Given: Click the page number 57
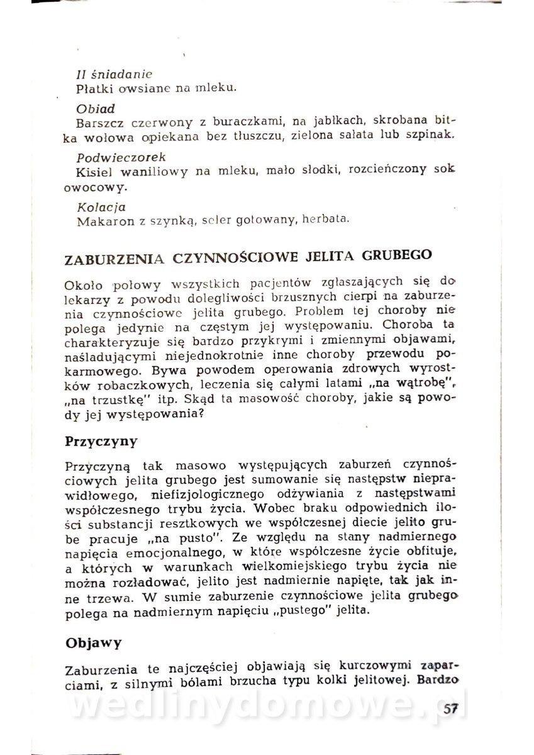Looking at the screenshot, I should (x=451, y=709).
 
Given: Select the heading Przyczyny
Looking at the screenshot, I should (x=101, y=440).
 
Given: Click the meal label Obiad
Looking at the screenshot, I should (x=96, y=108).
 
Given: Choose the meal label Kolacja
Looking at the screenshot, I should (x=101, y=206).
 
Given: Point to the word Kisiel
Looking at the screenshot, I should (x=92, y=171).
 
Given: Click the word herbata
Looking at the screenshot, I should (x=325, y=220).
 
